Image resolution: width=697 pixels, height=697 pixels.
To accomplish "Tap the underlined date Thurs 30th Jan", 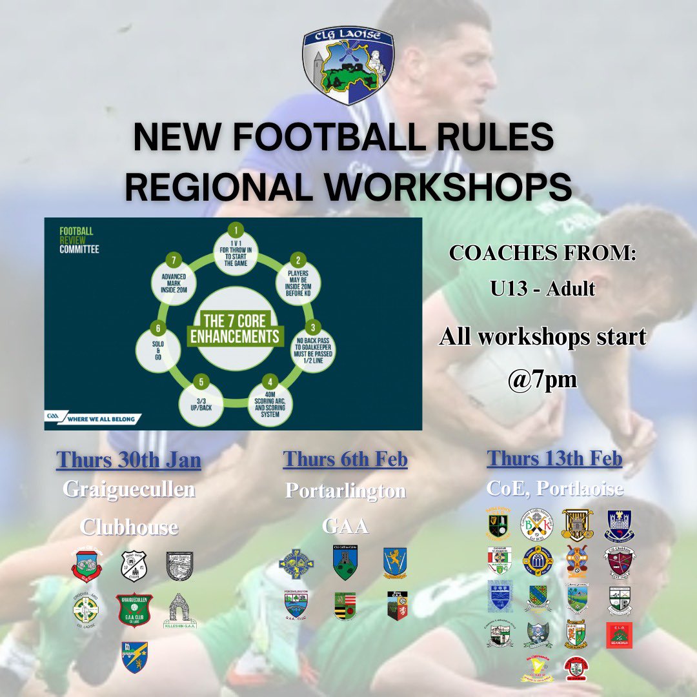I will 128,460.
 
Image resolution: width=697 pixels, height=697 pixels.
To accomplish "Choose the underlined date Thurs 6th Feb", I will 345,460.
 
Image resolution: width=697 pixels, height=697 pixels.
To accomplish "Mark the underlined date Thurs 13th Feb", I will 554,459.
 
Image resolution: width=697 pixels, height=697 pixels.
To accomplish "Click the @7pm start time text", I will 543,379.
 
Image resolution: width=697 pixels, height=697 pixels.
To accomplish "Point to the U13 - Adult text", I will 542,288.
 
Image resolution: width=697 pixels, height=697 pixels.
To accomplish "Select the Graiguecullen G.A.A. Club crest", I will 133,610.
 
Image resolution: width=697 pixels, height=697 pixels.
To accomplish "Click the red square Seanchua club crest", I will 619,635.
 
